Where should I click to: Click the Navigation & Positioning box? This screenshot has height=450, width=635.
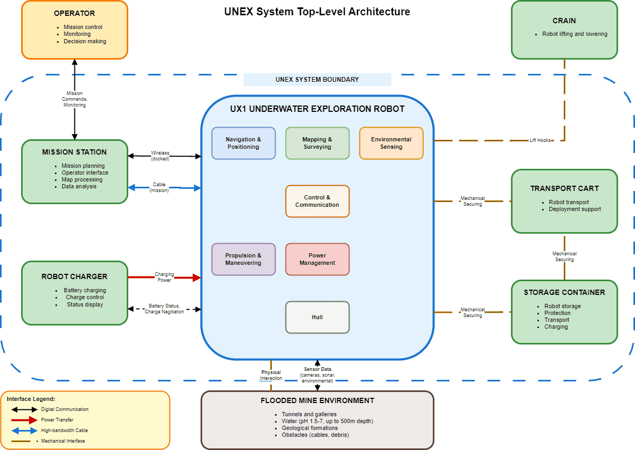(x=243, y=143)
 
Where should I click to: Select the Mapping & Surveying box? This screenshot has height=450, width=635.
(x=317, y=143)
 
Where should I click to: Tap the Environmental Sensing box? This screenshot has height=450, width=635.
(x=391, y=143)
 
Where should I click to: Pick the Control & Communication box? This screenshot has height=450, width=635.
(x=317, y=201)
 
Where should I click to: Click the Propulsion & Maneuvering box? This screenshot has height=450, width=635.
(x=243, y=259)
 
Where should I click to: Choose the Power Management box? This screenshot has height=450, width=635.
(x=317, y=259)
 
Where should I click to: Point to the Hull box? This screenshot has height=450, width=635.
(x=317, y=317)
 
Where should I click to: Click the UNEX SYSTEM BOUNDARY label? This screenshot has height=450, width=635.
(x=317, y=80)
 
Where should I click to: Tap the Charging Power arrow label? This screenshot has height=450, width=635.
(x=164, y=277)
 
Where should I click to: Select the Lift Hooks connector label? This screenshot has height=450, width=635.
(x=540, y=140)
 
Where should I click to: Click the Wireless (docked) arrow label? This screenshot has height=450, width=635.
(x=160, y=156)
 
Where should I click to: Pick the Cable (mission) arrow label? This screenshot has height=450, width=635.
(x=159, y=187)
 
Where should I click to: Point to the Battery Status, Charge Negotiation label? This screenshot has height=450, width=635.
(x=164, y=309)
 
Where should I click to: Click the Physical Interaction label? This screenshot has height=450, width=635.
(x=271, y=375)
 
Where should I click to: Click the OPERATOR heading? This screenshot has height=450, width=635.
(x=74, y=13)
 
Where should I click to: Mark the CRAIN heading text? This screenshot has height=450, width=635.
(x=564, y=21)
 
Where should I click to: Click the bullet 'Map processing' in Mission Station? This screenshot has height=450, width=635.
(x=82, y=179)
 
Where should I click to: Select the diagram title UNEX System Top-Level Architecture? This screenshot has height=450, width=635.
(x=317, y=12)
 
